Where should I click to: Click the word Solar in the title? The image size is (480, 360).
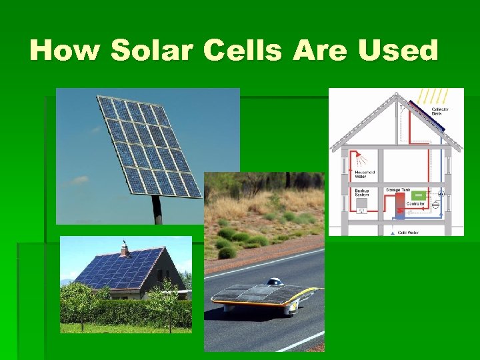click(x=151, y=50)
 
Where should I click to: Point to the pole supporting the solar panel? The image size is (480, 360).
click(x=157, y=210)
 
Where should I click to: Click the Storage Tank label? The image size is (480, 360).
click(x=397, y=191)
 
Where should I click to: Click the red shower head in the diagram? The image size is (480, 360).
click(x=361, y=158)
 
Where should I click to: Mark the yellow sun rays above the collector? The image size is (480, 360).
click(x=435, y=95)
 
